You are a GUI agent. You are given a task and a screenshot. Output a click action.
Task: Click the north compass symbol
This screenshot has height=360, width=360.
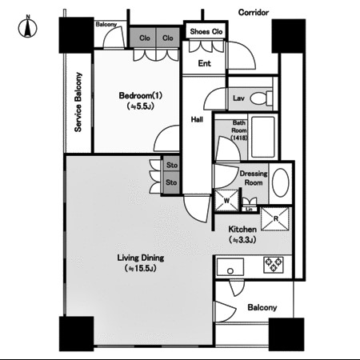pos(27,26)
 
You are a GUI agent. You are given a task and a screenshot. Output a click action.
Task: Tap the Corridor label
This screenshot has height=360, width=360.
pos(254,12)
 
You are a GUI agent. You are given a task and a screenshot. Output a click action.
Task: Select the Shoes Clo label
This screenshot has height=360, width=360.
pos(206,31)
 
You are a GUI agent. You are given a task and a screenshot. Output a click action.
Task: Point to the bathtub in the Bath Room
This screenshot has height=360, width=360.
pos(263,137)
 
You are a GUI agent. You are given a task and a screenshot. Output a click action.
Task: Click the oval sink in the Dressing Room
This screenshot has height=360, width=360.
pos(281,182)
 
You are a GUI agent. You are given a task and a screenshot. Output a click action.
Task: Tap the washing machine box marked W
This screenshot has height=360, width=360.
pos(226,200)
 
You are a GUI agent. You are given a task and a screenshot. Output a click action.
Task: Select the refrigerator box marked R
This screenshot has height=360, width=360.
pos(275,219)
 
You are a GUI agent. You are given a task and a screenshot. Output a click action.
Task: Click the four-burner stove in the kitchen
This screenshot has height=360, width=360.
pos(274,265)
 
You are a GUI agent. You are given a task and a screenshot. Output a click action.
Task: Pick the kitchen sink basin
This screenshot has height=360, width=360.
pos(230,266)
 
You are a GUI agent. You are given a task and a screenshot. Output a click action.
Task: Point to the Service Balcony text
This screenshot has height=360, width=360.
pos(78,102)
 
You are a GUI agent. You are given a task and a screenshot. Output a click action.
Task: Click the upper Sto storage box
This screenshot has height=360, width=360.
pos(171,165)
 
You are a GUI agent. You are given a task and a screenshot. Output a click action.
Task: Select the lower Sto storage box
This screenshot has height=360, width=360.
pos(171,182)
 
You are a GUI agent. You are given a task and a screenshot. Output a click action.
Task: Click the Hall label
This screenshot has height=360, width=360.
pos(197,119)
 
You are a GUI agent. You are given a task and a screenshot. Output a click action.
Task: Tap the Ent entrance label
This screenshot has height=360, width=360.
pos(204,63)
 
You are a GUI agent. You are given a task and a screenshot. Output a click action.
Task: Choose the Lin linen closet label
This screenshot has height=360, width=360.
pos(249,210)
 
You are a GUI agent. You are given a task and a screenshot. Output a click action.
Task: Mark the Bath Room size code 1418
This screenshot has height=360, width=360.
pos(239,138)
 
